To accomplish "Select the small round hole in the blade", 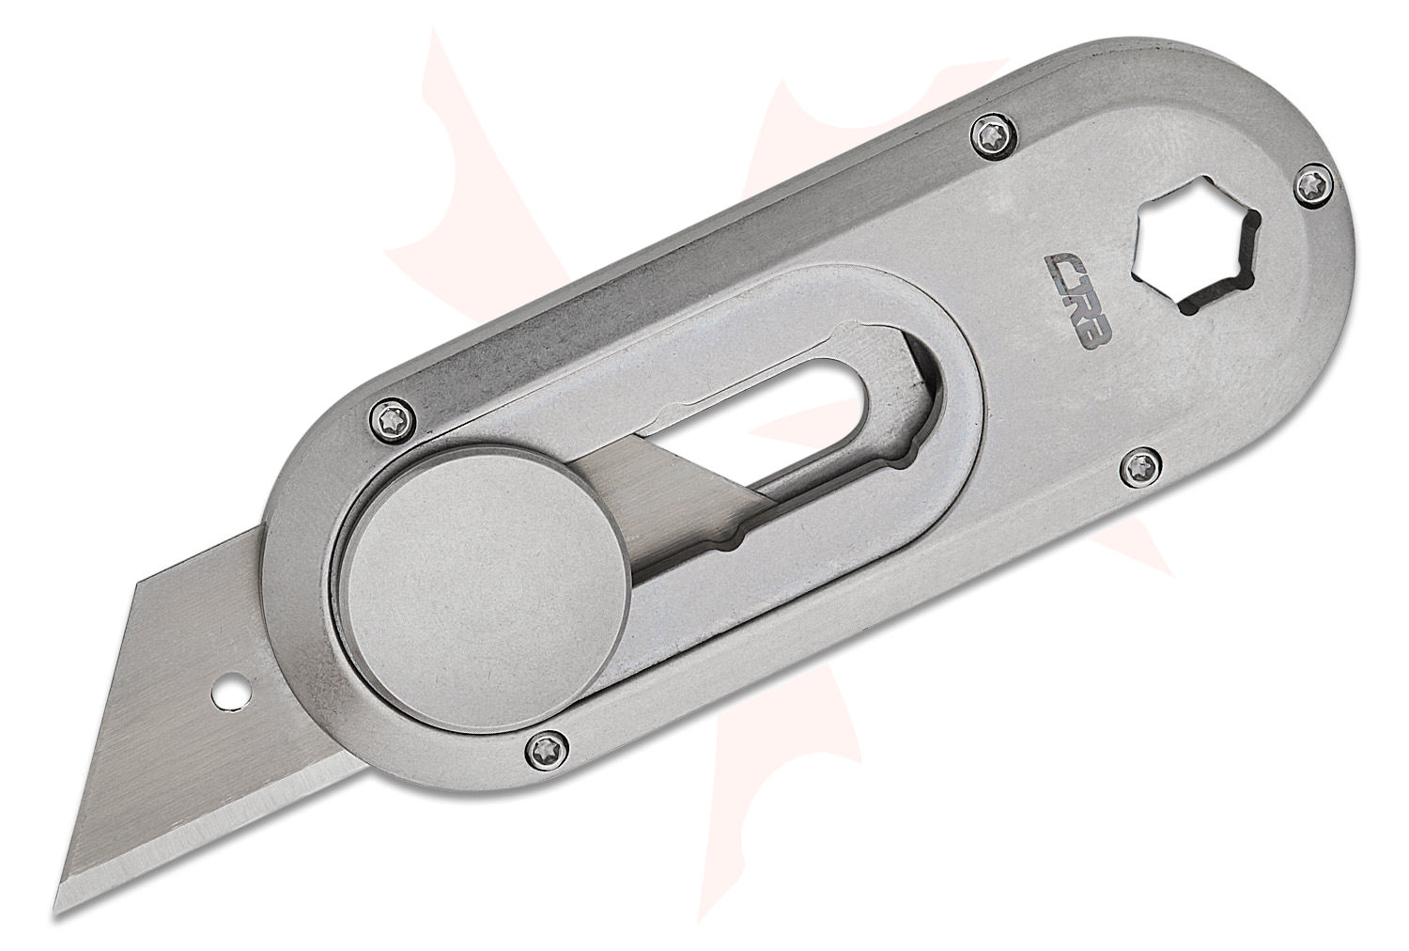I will click(x=225, y=694).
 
